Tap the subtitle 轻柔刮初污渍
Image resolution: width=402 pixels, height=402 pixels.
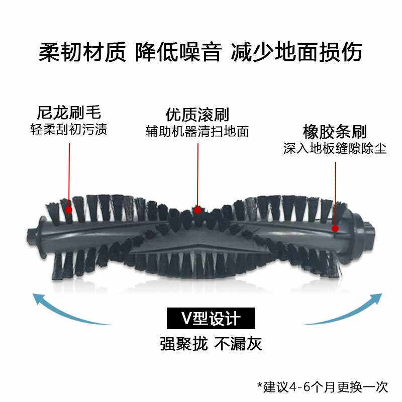[x=69, y=129]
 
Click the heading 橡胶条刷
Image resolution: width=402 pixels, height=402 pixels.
[x=334, y=132]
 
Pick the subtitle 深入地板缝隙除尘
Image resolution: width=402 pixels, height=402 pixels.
[x=334, y=149]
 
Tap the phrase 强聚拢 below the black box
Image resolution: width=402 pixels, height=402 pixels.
[x=184, y=344]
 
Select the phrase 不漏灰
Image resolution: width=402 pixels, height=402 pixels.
[x=238, y=344]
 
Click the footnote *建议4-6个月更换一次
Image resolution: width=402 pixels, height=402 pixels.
[x=323, y=386]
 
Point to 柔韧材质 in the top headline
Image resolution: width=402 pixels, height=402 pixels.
[x=81, y=52]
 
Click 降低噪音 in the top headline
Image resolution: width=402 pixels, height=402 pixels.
[x=178, y=52]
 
